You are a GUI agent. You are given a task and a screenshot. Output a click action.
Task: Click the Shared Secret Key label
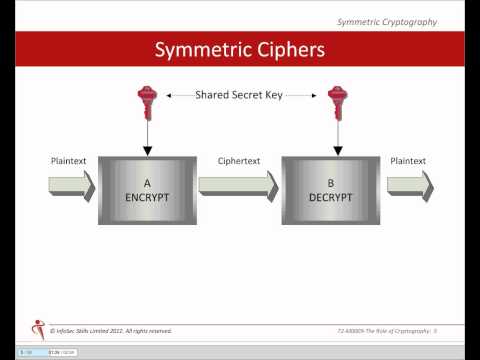(240, 95)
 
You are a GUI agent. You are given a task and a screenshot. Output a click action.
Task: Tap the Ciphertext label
(239, 160)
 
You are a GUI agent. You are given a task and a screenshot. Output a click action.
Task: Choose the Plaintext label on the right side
(408, 160)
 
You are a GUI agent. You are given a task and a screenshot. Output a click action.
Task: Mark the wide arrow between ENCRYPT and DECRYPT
(238, 184)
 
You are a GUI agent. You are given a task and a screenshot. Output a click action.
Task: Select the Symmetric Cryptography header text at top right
(400, 21)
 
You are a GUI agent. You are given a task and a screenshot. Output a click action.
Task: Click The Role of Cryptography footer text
(391, 330)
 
